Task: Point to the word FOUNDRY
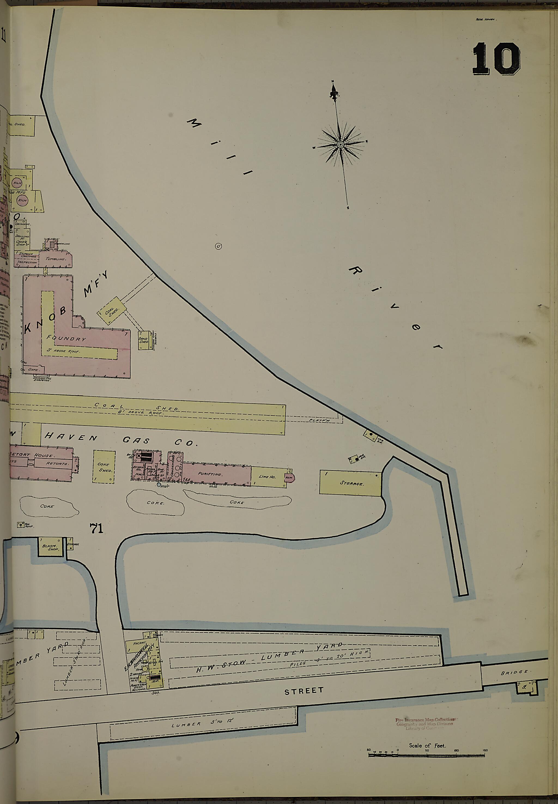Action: [66, 338]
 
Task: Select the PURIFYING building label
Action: [210, 474]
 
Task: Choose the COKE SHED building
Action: [104, 467]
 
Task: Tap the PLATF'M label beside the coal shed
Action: [319, 420]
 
